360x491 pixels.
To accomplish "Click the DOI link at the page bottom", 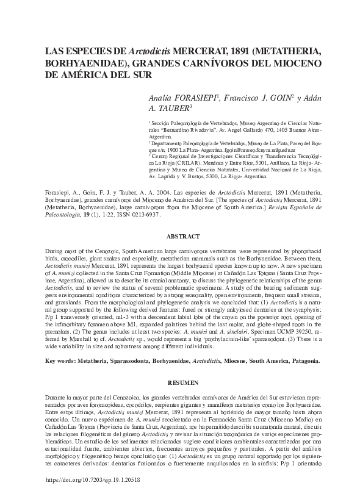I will [x=103, y=480].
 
